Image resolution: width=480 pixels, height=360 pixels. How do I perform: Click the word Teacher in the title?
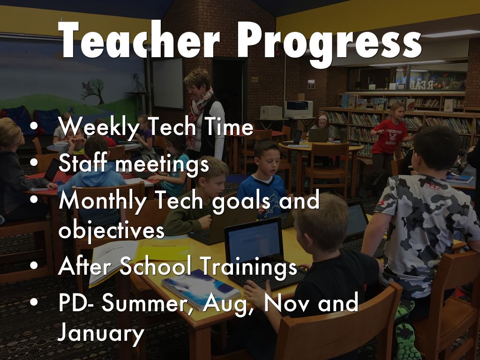(x=139, y=40)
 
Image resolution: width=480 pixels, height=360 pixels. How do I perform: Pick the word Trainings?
(x=248, y=267)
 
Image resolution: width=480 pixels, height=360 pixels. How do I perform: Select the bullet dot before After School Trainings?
(x=34, y=265)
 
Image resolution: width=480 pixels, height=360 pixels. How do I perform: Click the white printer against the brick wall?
(x=298, y=109)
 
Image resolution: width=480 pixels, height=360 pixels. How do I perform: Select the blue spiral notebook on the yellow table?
(x=201, y=289)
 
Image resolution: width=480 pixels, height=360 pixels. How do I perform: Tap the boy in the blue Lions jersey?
(x=263, y=180)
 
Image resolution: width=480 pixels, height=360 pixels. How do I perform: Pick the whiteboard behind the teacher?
(x=168, y=83)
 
